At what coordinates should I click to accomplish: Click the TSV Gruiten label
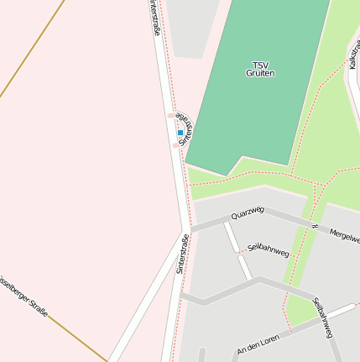260,69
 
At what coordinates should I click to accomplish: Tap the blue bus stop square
180,133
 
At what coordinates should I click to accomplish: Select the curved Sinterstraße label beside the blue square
187,131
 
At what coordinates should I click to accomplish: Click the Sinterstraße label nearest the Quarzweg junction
181,254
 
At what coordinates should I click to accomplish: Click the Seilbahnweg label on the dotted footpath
269,249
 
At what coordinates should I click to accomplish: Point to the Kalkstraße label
353,52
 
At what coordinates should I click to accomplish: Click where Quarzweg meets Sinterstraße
186,229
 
